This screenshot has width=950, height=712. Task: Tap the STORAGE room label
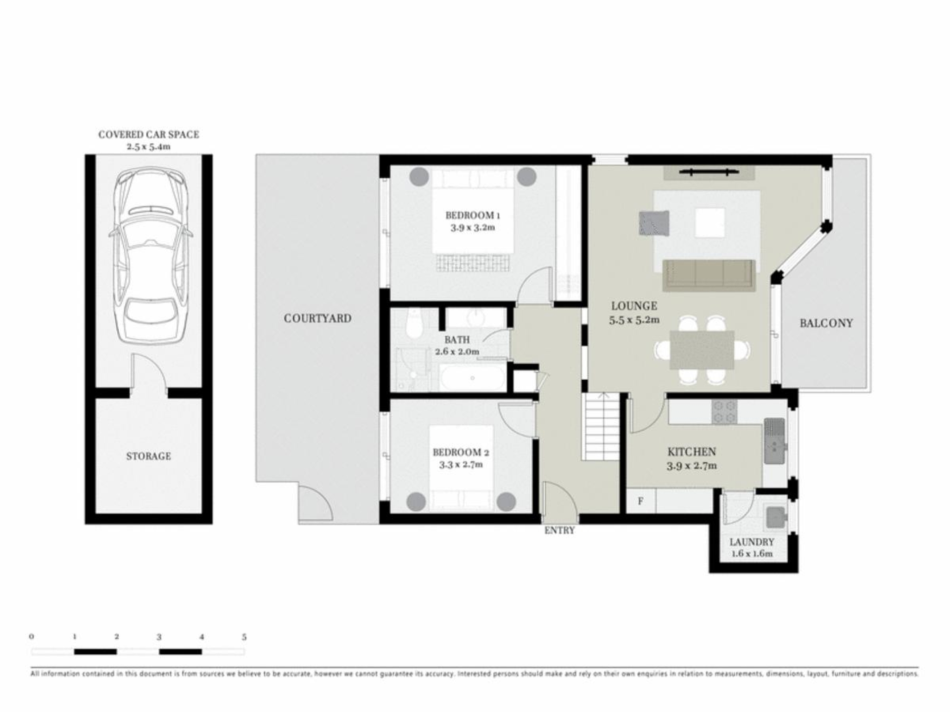tap(148, 456)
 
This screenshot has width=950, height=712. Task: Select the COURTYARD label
tap(318, 318)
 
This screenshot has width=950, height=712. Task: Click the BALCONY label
tap(826, 323)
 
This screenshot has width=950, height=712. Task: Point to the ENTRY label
tap(560, 531)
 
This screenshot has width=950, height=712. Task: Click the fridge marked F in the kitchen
tap(641, 501)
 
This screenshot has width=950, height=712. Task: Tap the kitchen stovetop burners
tap(724, 412)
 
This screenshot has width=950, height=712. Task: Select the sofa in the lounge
tap(709, 275)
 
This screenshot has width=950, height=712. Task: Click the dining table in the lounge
tap(702, 350)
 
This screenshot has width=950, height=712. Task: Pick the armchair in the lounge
tap(654, 223)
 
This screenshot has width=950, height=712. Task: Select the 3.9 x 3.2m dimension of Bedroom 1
tap(473, 227)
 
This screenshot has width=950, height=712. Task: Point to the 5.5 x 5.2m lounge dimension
tap(634, 320)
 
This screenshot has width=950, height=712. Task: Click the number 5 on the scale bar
tap(244, 637)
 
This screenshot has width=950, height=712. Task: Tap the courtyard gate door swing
tap(315, 503)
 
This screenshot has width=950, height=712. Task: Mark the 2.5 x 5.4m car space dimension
tap(148, 147)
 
